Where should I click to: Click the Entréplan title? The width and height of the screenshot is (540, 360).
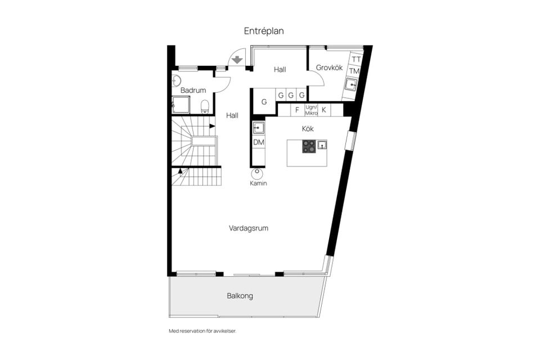pyautogui.click(x=264, y=31)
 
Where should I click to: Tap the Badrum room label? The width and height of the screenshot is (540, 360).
pyautogui.click(x=193, y=90)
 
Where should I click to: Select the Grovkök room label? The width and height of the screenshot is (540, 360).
pyautogui.click(x=329, y=67)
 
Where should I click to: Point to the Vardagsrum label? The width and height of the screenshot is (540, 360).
pyautogui.click(x=248, y=228)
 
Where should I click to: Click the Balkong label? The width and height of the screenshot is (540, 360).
pyautogui.click(x=240, y=295)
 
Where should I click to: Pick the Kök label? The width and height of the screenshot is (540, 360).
pyautogui.click(x=308, y=129)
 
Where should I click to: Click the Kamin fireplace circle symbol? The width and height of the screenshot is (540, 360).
pyautogui.click(x=258, y=172)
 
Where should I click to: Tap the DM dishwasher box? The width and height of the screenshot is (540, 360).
pyautogui.click(x=258, y=142)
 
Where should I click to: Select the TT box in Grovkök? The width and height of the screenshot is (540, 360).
pyautogui.click(x=355, y=59)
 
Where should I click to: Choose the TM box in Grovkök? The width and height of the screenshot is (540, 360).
pyautogui.click(x=354, y=71)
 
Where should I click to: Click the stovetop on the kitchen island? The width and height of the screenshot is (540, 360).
pyautogui.click(x=309, y=146)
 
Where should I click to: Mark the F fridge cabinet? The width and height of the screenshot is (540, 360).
pyautogui.click(x=297, y=110)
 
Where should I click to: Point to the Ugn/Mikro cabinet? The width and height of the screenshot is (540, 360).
pyautogui.click(x=311, y=110)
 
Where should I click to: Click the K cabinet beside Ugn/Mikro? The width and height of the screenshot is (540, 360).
pyautogui.click(x=324, y=110)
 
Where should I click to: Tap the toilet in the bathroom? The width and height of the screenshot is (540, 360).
pyautogui.click(x=205, y=106)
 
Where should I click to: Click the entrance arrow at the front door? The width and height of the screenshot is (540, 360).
pyautogui.click(x=237, y=58)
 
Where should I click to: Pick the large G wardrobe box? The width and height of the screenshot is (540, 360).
pyautogui.click(x=264, y=102)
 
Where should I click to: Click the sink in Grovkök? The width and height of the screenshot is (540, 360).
pyautogui.click(x=352, y=85)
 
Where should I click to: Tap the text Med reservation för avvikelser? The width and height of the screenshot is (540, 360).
pyautogui.click(x=202, y=331)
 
